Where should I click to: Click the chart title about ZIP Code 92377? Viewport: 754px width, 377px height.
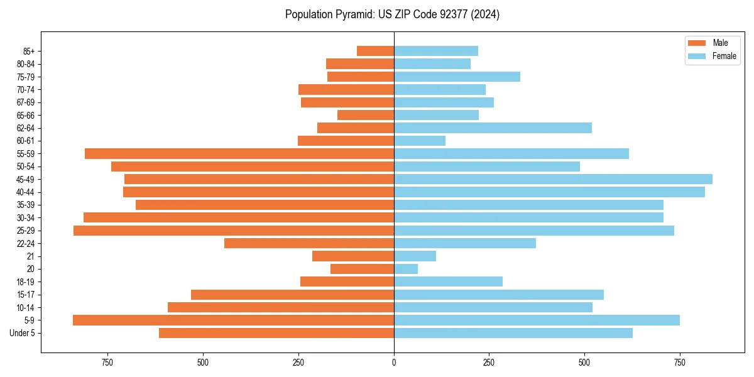[392, 14]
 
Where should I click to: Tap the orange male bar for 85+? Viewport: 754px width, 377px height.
[375, 51]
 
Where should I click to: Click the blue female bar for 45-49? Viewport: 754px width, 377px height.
[553, 179]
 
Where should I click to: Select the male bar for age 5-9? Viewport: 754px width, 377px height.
[233, 320]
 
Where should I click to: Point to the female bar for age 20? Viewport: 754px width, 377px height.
[406, 269]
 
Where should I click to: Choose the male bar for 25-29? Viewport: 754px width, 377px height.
[234, 231]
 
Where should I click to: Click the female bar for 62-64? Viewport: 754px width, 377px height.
[493, 128]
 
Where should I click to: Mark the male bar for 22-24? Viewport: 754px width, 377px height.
[309, 243]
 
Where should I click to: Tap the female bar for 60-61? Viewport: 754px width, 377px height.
[420, 141]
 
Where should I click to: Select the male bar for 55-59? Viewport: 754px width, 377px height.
[239, 153]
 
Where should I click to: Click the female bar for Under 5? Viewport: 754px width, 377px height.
[513, 333]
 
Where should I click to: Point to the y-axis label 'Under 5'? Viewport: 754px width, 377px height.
[22, 333]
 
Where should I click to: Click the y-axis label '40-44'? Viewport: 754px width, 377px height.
[26, 192]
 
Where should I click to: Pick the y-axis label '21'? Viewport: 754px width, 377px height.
[30, 256]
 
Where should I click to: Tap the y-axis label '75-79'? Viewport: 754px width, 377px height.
[26, 77]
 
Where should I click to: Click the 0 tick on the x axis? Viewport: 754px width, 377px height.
[394, 363]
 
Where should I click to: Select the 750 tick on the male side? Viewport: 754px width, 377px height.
[107, 363]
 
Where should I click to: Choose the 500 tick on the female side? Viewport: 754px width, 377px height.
[584, 363]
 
